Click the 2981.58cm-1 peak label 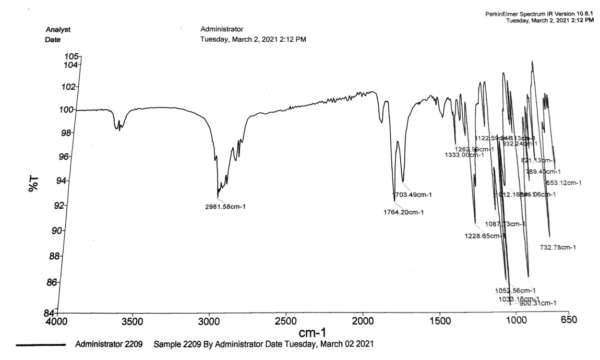point(225,206)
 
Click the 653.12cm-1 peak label point(563,183)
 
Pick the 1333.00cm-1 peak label point(464,155)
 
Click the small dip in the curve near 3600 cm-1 point(119,127)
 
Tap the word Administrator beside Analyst point(221,29)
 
